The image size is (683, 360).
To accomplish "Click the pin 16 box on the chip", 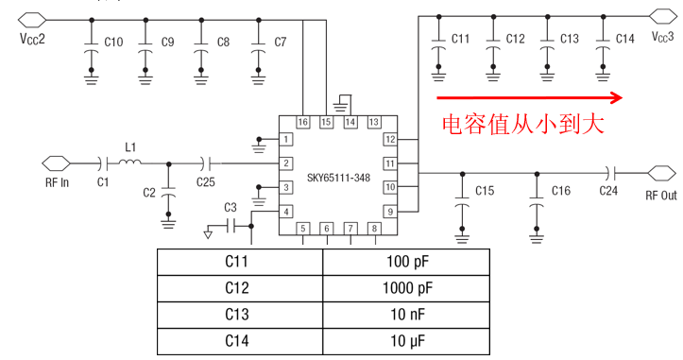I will (302, 123).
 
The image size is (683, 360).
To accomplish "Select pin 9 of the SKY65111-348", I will (389, 212).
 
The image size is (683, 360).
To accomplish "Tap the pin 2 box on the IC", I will (285, 163).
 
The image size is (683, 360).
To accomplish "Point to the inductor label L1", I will (131, 147).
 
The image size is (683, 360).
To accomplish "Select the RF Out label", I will (661, 197).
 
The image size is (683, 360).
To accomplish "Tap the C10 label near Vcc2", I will (113, 42).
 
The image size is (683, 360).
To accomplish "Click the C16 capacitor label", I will (560, 191).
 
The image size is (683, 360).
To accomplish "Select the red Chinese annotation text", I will (522, 124).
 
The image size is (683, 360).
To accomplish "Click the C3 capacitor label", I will (231, 207).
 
